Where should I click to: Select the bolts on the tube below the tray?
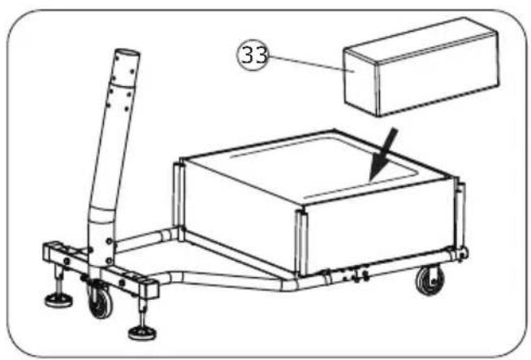[356, 275]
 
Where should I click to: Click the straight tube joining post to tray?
[146, 238]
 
